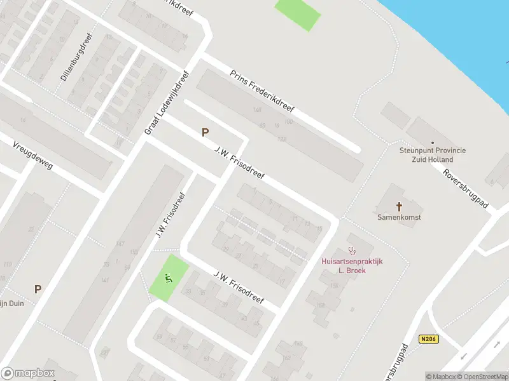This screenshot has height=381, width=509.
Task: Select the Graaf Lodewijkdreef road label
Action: coord(167,102)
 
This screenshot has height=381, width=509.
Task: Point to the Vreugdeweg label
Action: coord(32,156)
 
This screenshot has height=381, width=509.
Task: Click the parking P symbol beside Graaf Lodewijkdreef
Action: coord(205,133)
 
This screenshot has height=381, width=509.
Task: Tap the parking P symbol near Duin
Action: coord(38,289)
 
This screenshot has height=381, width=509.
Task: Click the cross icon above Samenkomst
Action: coord(400,206)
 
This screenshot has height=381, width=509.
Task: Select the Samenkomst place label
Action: coord(400,217)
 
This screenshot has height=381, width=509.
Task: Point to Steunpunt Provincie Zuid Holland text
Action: coord(433,154)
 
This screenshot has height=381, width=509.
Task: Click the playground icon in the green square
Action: coord(169,277)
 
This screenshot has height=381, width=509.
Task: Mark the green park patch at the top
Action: coord(297,13)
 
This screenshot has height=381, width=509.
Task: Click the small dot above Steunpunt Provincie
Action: coord(433,143)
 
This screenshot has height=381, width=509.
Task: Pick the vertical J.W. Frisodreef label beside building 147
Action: coord(169,216)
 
